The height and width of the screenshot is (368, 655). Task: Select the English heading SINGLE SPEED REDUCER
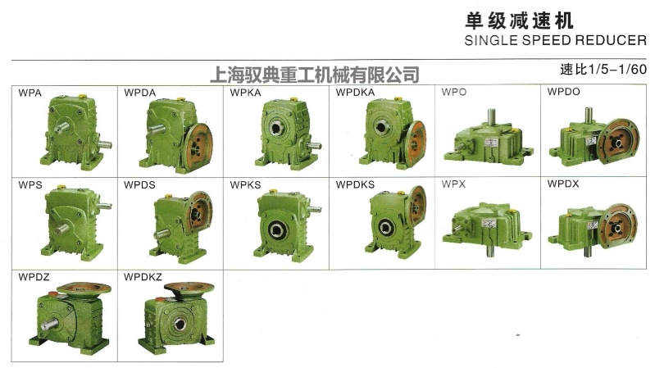pos(555,39)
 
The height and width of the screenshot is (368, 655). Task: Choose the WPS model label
pos(30,184)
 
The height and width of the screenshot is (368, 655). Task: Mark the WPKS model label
pos(245,184)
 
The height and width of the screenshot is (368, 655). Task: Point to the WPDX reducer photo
pos(595,226)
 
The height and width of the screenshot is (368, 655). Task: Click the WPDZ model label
pos(34,277)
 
